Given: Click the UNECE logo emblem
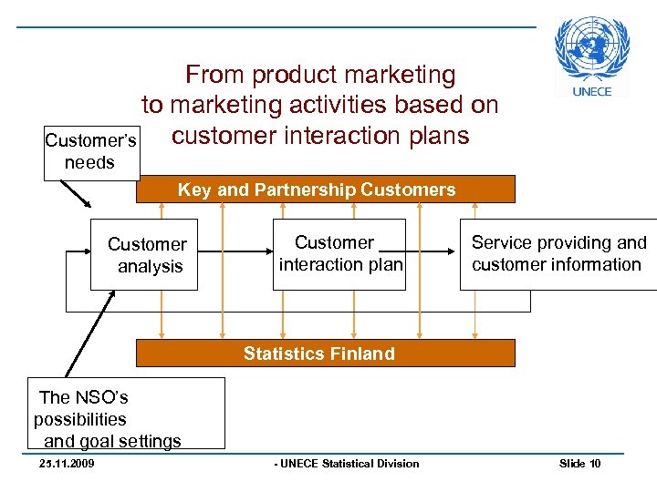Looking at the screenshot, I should click(x=593, y=49).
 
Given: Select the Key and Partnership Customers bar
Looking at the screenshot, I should click(x=325, y=190).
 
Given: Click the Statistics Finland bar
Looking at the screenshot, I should click(x=325, y=354).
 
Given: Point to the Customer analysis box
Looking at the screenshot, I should click(x=144, y=255).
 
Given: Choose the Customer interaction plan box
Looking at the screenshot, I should click(x=340, y=253).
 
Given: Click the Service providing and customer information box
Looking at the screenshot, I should click(x=557, y=254).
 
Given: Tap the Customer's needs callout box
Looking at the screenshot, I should click(x=91, y=151).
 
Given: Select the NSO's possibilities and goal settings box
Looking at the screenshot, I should click(x=126, y=414).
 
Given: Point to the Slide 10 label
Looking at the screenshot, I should click(x=579, y=464).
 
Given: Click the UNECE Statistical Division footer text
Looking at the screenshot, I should click(x=347, y=464).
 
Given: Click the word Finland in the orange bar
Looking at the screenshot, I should click(x=365, y=354).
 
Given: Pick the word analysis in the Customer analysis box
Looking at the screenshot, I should click(x=151, y=267).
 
